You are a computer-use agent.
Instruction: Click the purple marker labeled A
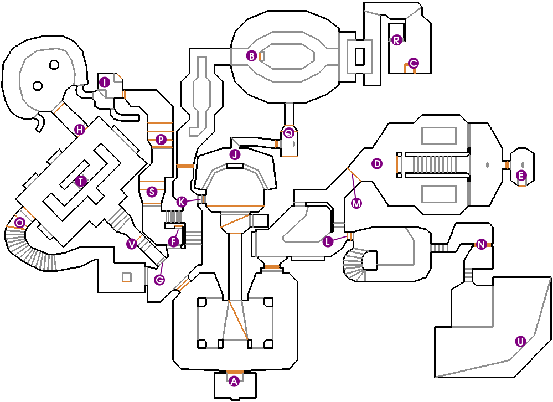(234, 381)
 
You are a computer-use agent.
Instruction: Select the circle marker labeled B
(251, 56)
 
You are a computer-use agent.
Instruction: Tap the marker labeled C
(412, 63)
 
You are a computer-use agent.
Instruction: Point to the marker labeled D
(377, 163)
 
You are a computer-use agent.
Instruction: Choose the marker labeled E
(520, 176)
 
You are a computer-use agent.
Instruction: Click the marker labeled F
(174, 241)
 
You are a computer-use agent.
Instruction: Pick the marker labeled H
(80, 130)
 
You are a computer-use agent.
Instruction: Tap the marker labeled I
(104, 83)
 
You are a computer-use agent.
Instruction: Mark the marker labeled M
(356, 203)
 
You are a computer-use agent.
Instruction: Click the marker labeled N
(482, 244)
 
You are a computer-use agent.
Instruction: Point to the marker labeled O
(20, 223)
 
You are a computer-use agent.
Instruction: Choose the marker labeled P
(161, 140)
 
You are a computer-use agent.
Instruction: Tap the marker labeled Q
(288, 133)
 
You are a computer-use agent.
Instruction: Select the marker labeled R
(396, 39)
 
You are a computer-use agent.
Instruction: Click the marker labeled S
(152, 192)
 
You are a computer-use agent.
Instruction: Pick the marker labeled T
(81, 181)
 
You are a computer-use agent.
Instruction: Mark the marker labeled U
(520, 341)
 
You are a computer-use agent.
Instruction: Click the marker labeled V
(131, 244)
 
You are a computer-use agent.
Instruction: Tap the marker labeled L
(328, 241)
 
